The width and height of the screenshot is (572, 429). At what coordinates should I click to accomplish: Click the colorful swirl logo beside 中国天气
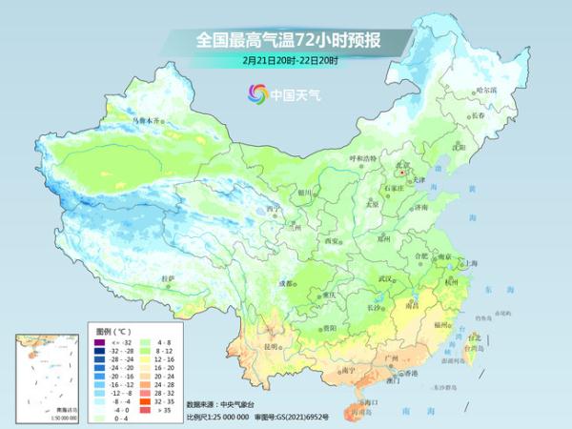(256, 93)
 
